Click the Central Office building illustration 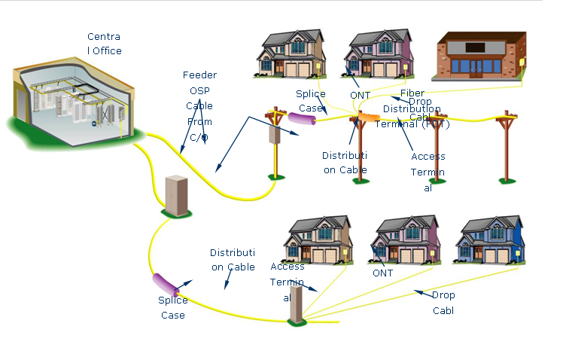pyautogui.click(x=72, y=102)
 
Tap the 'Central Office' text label pyautogui.click(x=104, y=44)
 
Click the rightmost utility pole pyautogui.click(x=506, y=147)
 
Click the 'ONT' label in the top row pyautogui.click(x=361, y=96)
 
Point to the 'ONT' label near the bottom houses pyautogui.click(x=383, y=273)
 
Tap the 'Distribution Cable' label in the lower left pyautogui.click(x=232, y=259)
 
